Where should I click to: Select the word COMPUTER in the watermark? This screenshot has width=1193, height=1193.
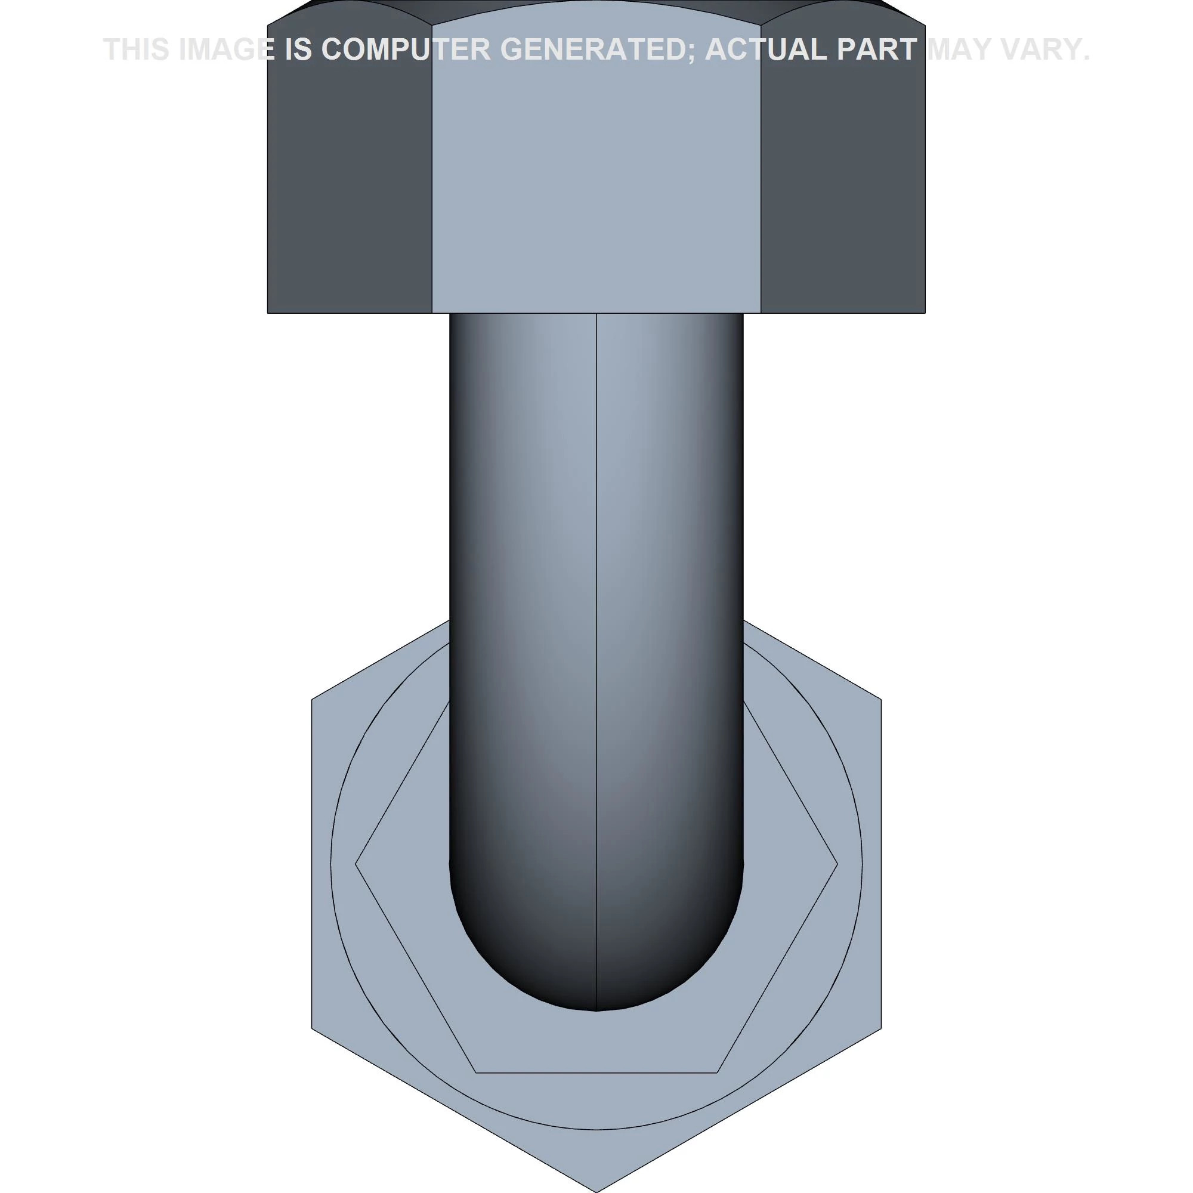(406, 50)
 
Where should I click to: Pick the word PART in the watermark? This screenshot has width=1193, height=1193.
(877, 50)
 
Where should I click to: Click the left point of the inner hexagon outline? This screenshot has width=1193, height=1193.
(356, 864)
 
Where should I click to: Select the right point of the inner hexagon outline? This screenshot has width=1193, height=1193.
(837, 864)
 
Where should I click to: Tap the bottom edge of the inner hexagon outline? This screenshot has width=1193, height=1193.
(596, 1073)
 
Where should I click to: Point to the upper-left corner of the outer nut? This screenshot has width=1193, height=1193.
(312, 700)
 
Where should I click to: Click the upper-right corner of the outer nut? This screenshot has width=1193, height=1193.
(881, 700)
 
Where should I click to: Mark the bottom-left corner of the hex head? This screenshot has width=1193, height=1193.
(268, 313)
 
